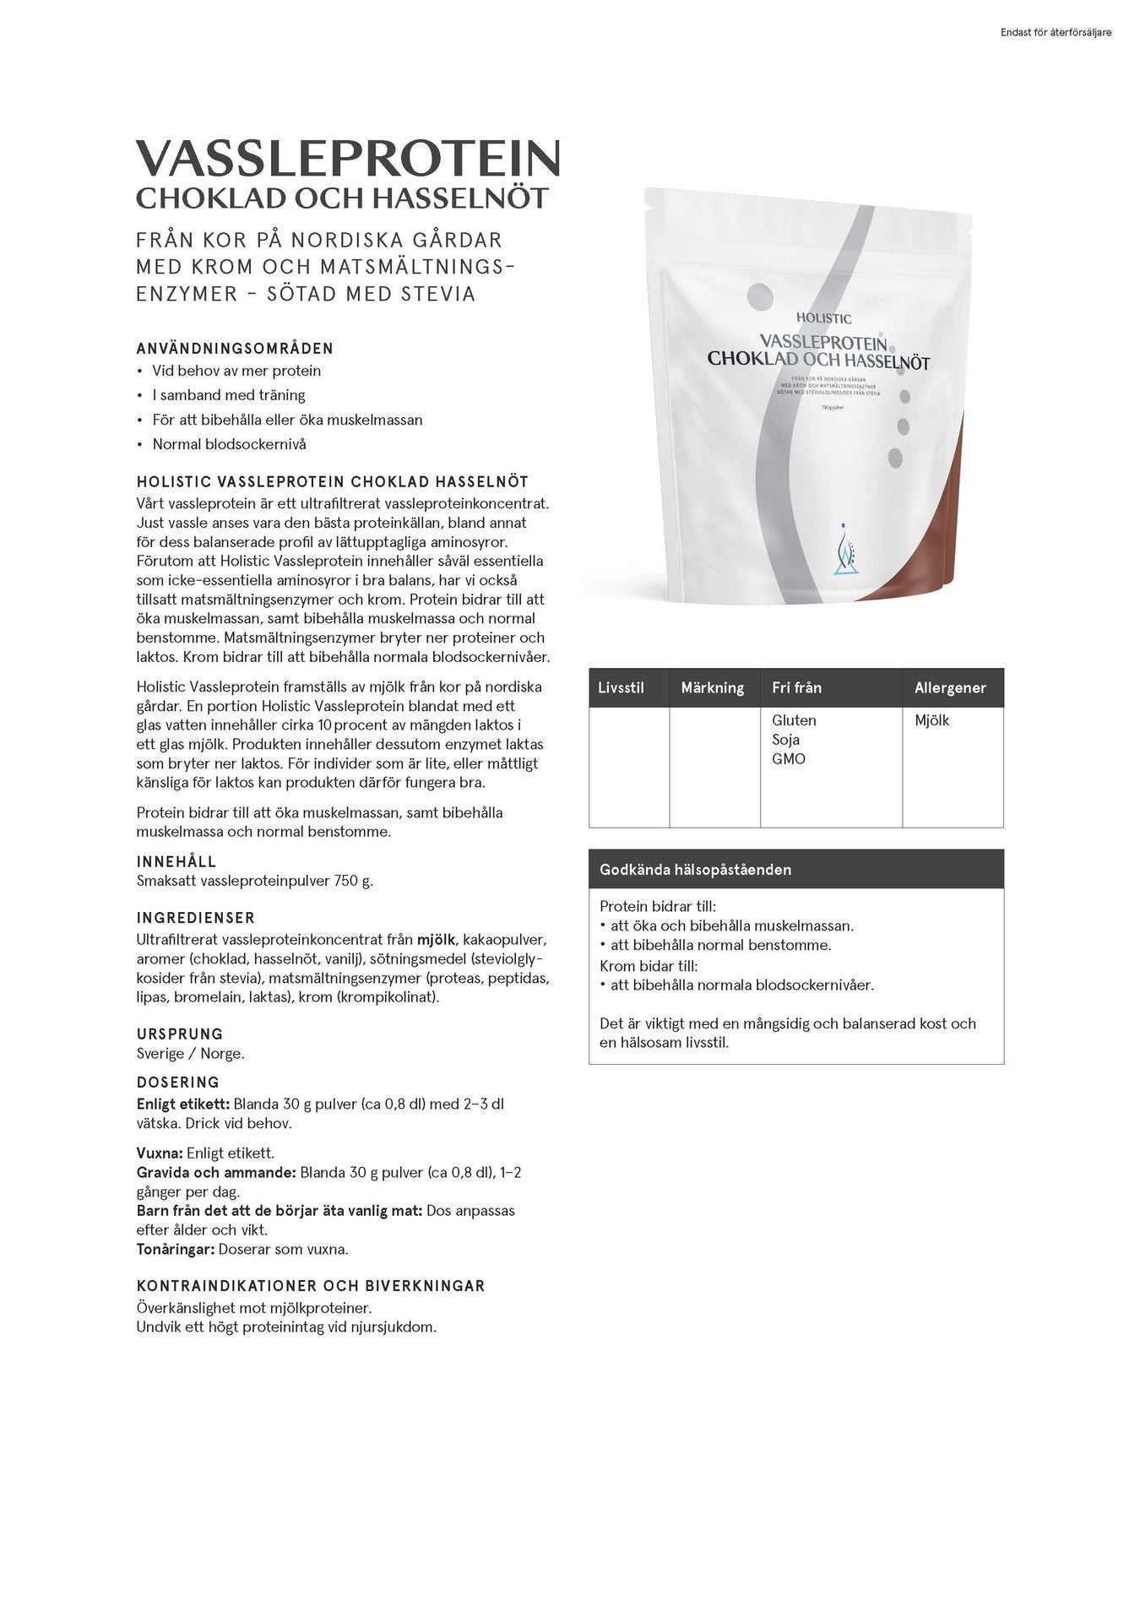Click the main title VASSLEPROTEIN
[347, 158]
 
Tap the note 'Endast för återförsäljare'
[1055, 33]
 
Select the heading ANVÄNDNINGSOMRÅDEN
[235, 348]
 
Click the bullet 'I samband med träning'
[228, 394]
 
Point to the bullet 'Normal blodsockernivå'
[229, 443]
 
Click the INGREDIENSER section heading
[195, 917]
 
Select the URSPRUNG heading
[180, 1034]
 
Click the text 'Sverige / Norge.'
[190, 1053]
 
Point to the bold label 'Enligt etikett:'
[182, 1104]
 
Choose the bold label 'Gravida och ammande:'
[216, 1172]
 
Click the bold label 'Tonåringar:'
[176, 1249]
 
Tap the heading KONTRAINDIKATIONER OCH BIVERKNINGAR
[311, 1286]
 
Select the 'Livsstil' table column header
[621, 687]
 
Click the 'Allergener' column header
[950, 687]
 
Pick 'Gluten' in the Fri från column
[794, 720]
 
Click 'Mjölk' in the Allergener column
[931, 720]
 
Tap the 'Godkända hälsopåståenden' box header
[695, 869]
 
